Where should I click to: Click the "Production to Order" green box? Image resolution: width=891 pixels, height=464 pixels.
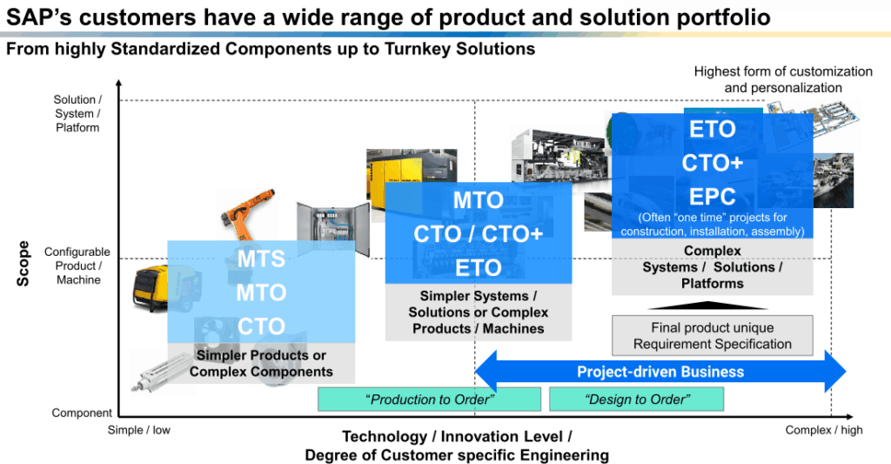pyautogui.click(x=430, y=400)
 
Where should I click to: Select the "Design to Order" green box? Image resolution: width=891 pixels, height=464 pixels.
pyautogui.click(x=636, y=400)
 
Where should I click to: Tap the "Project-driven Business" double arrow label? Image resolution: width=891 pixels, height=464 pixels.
pyautogui.click(x=660, y=372)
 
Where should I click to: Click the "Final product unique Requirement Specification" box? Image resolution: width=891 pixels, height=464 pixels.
pyautogui.click(x=713, y=336)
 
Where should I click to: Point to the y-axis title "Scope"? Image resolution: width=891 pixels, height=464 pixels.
pyautogui.click(x=23, y=263)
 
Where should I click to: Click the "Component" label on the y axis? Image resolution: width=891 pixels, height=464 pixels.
pyautogui.click(x=82, y=414)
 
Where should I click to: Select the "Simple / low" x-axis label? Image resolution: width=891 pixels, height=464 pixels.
pyautogui.click(x=139, y=430)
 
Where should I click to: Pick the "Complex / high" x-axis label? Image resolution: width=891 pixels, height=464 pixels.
pyautogui.click(x=824, y=430)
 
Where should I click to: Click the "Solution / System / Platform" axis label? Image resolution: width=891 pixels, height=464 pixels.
pyautogui.click(x=77, y=114)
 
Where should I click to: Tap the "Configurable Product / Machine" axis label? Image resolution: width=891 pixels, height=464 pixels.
pyautogui.click(x=78, y=266)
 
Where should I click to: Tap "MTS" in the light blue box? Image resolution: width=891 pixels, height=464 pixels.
pyautogui.click(x=261, y=259)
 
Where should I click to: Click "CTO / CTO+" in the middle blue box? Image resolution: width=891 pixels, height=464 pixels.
pyautogui.click(x=478, y=233)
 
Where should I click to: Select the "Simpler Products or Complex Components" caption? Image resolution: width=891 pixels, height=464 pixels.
pyautogui.click(x=261, y=364)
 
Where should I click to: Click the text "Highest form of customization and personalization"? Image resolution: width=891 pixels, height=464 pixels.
pyautogui.click(x=782, y=79)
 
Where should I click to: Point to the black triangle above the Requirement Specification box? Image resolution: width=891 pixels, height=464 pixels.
pyautogui.click(x=712, y=306)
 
